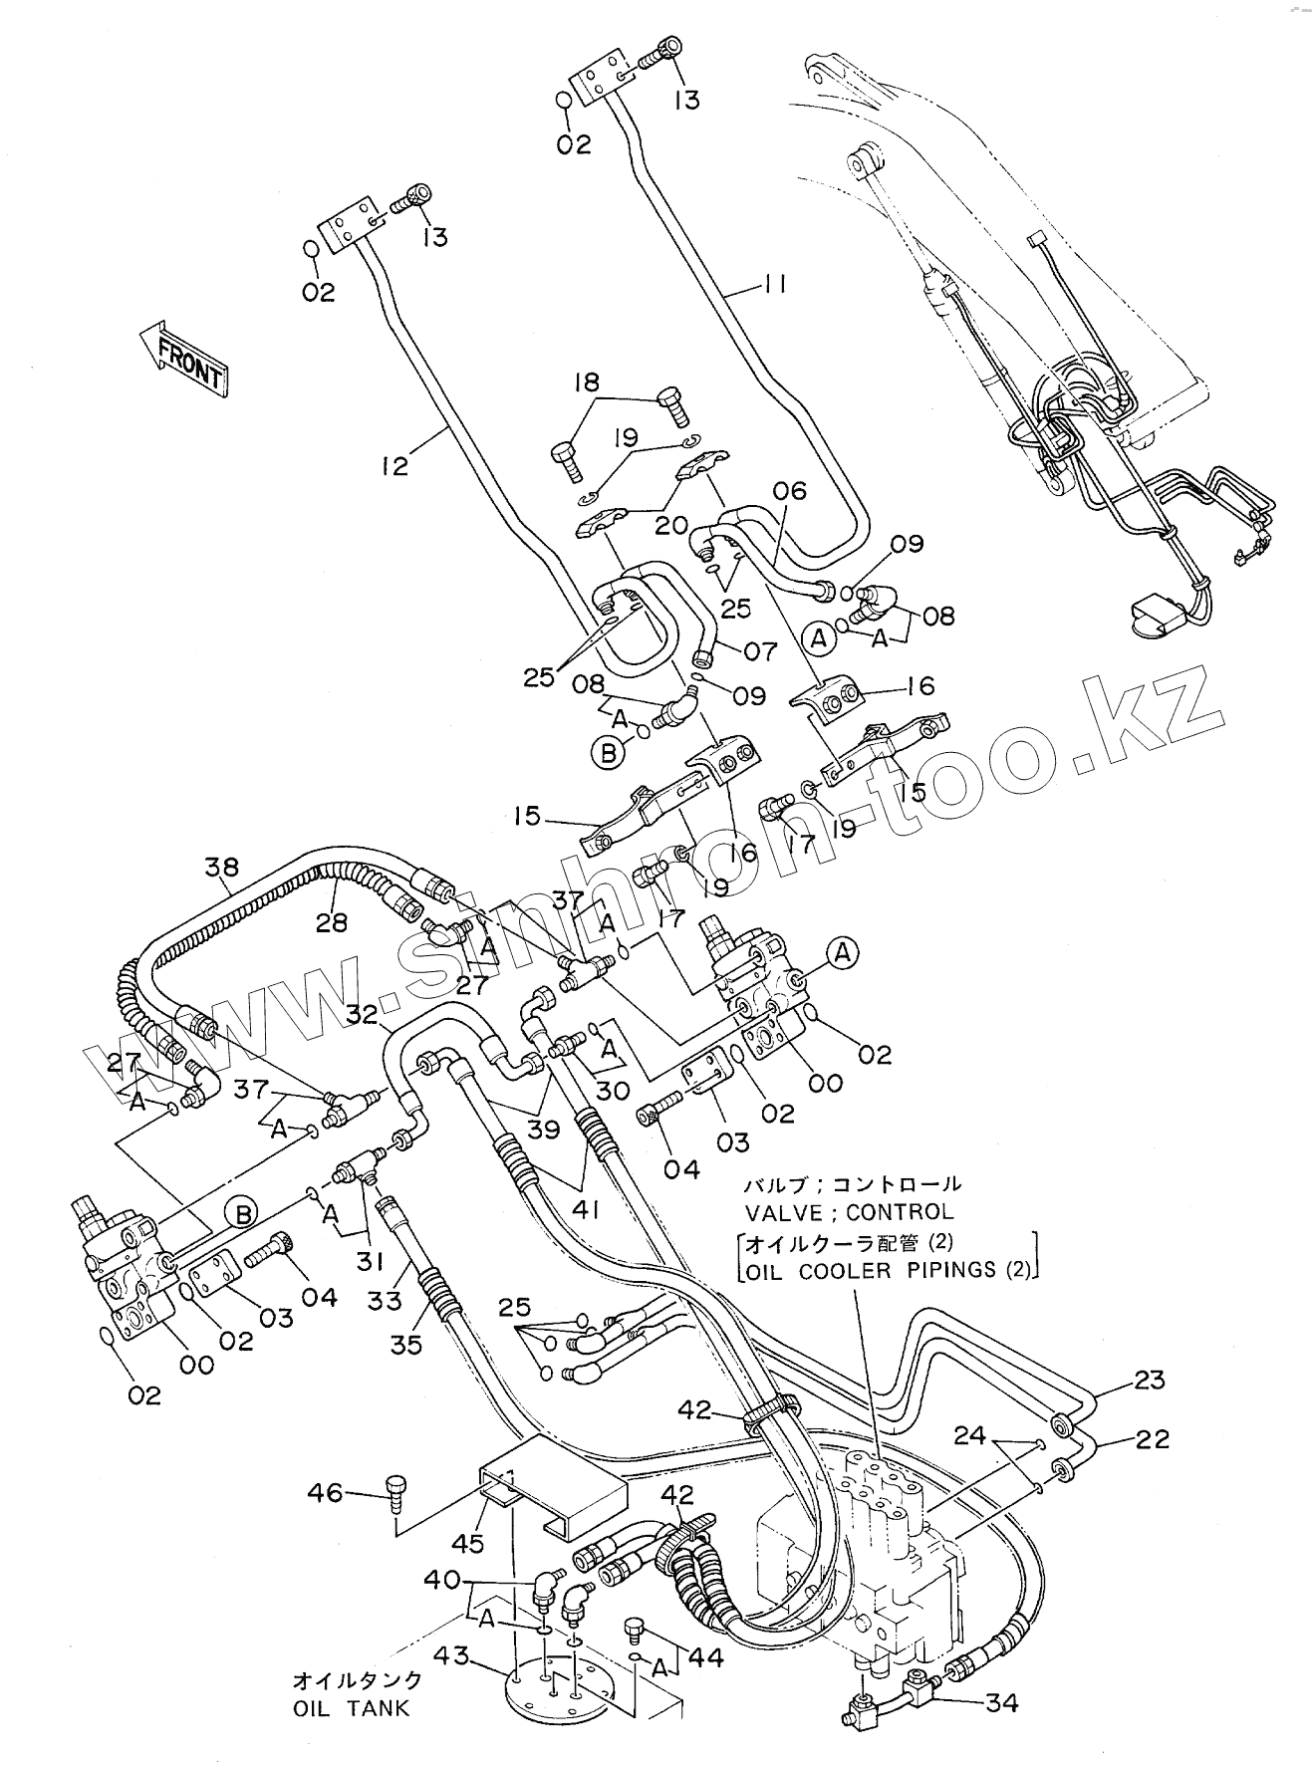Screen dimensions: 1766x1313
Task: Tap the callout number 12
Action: click(394, 464)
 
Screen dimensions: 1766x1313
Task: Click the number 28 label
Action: click(332, 922)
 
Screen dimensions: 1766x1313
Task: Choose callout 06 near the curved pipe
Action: click(789, 490)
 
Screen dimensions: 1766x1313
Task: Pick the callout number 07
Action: click(759, 651)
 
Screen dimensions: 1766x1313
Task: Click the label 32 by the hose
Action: click(364, 1015)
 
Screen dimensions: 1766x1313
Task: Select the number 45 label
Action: click(467, 1543)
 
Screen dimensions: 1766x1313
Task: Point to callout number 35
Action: click(406, 1344)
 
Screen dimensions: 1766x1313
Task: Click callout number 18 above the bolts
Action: click(587, 382)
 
